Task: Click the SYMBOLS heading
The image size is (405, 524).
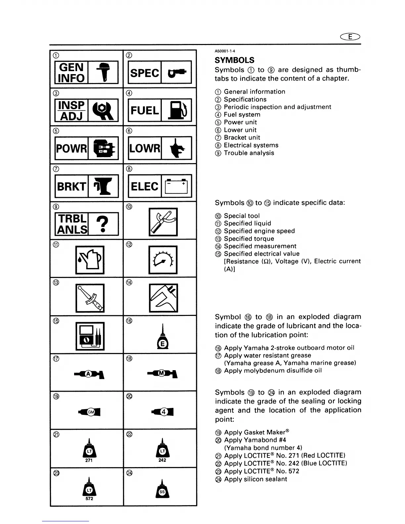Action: [x=235, y=60]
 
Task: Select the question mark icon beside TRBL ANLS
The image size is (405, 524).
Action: [x=103, y=224]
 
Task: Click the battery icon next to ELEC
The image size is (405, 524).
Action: [x=176, y=186]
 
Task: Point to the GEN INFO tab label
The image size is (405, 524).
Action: [x=71, y=72]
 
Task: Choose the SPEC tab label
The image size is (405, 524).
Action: [x=145, y=72]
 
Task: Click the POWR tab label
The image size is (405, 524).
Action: [x=71, y=148]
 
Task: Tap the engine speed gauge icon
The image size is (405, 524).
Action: [x=163, y=260]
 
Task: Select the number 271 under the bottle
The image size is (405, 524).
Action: [x=89, y=460]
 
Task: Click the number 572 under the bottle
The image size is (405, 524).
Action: [x=89, y=499]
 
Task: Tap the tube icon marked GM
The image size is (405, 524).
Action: [x=90, y=412]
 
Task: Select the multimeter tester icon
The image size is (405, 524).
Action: [x=90, y=336]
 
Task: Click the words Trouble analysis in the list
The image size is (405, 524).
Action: [x=249, y=153]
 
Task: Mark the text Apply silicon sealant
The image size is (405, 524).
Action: [x=255, y=479]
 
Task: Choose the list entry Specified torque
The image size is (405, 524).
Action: [x=249, y=239]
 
